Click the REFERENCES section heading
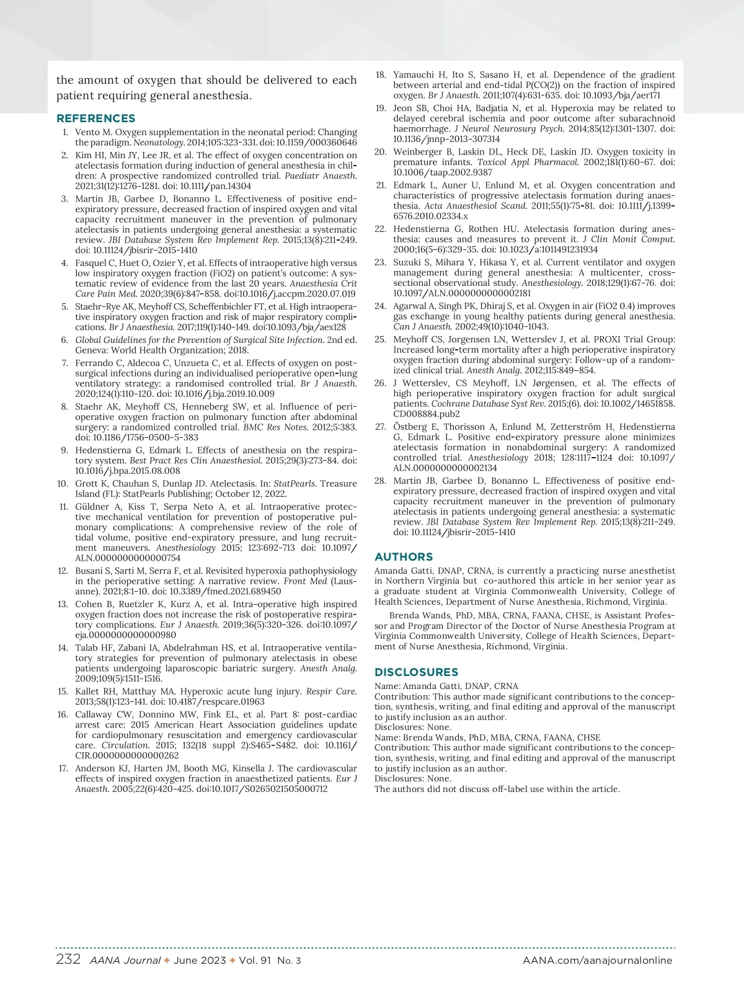pyautogui.click(x=95, y=118)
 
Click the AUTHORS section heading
pyautogui.click(x=404, y=557)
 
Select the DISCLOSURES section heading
pyautogui.click(x=416, y=672)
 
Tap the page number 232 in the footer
pyautogui.click(x=68, y=959)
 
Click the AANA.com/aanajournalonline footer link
pyautogui.click(x=597, y=960)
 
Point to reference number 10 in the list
pyautogui.click(x=63, y=484)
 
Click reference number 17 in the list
pyautogui.click(x=63, y=768)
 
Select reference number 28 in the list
pyautogui.click(x=380, y=481)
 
